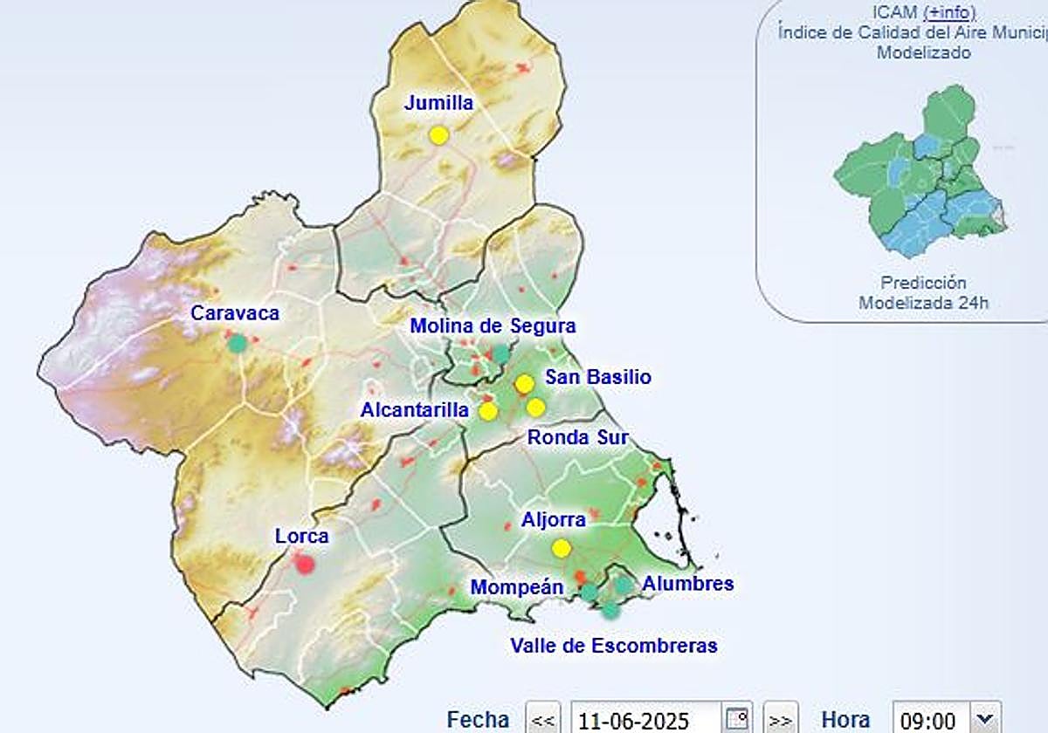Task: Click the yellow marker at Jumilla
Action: coord(438,135)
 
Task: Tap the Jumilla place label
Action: coord(438,103)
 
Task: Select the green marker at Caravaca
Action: coord(237,343)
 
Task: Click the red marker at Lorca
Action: coord(305,565)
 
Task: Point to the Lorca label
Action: coord(301,536)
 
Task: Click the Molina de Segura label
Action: coord(493,326)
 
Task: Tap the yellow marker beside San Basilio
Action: coord(524,384)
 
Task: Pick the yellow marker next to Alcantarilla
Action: coord(488,411)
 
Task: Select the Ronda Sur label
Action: coord(577,437)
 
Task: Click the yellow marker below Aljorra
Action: coord(562,548)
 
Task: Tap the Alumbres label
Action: coord(687,583)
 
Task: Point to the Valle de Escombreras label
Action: coord(614,646)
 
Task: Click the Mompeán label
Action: coord(517,587)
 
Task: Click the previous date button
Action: coord(543,720)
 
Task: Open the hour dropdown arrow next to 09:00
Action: coord(985,718)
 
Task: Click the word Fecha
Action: coord(478,720)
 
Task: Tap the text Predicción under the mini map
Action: coord(923,283)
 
